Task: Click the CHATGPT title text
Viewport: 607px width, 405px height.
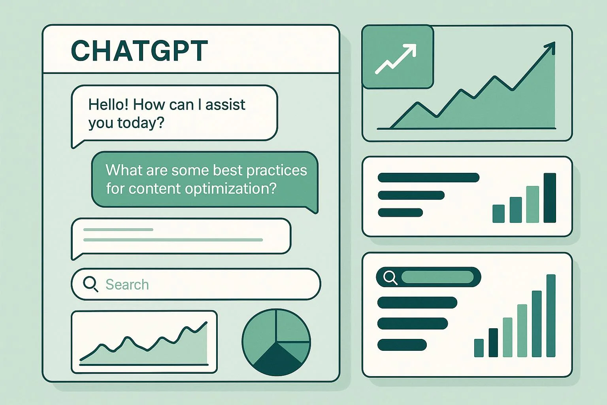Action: tap(139, 51)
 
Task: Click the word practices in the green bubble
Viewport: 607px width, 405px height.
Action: tap(276, 170)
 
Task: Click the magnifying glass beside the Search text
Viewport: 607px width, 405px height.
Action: tap(90, 284)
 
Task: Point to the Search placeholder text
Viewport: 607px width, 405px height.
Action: tap(127, 285)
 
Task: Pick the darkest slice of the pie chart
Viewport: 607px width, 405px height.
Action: tap(276, 360)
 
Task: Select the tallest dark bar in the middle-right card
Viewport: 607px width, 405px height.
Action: tap(550, 198)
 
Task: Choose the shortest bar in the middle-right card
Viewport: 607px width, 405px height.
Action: tap(498, 214)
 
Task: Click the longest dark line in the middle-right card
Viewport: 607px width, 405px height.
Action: tap(428, 177)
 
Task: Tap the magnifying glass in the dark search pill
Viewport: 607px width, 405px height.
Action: tap(390, 277)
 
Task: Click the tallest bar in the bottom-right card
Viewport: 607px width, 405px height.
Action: tap(551, 316)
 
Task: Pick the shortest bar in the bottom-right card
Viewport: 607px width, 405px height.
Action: tap(479, 348)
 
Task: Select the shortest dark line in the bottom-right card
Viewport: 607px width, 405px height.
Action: tap(402, 345)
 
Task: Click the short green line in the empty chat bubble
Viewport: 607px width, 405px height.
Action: tap(118, 229)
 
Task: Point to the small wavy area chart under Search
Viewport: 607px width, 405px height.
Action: tap(144, 343)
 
